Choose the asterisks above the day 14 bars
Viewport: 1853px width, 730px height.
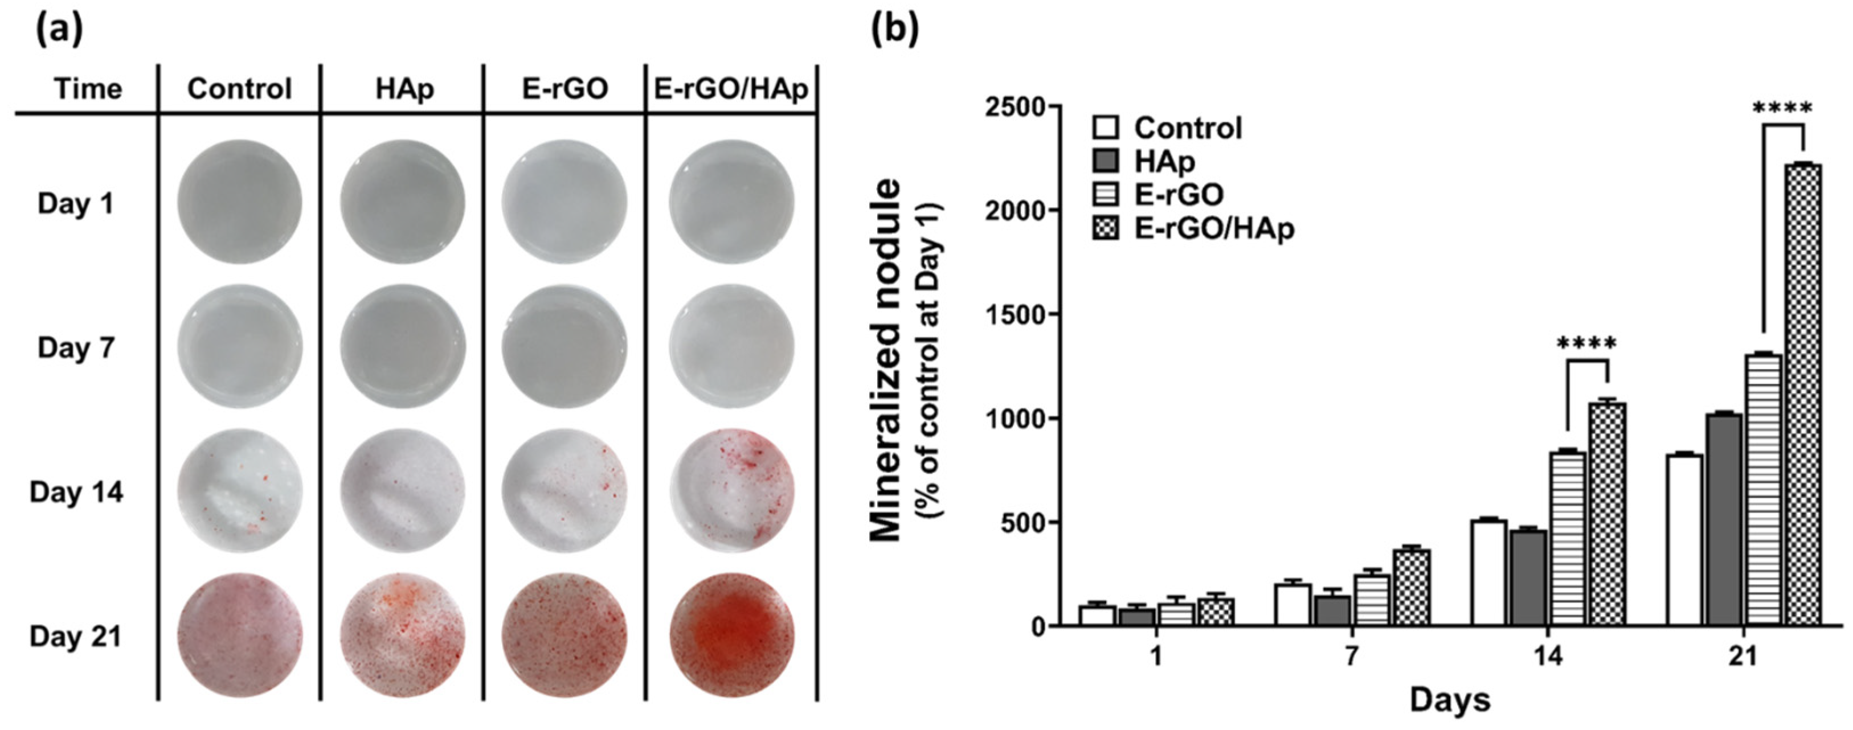[1586, 345]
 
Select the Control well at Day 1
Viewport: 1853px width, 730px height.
[240, 203]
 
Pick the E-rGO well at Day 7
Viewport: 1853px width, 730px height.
[565, 347]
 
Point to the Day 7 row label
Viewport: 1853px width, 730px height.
[76, 348]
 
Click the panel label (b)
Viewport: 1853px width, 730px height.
[894, 30]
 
